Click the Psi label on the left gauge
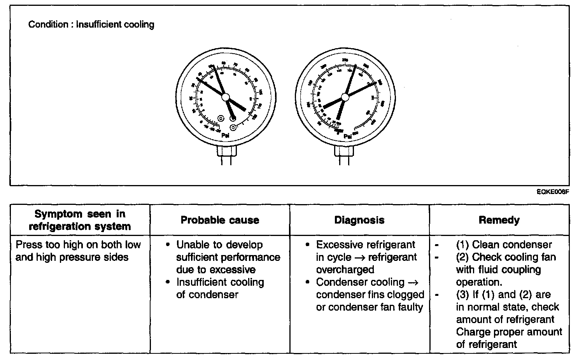point(225,136)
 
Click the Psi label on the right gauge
point(348,136)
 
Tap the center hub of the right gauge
point(345,97)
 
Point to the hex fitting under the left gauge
point(226,150)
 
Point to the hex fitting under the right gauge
point(345,150)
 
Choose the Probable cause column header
point(220,220)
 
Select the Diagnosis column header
point(359,220)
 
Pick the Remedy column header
point(499,220)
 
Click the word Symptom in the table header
point(58,214)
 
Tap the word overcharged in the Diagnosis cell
point(345,270)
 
